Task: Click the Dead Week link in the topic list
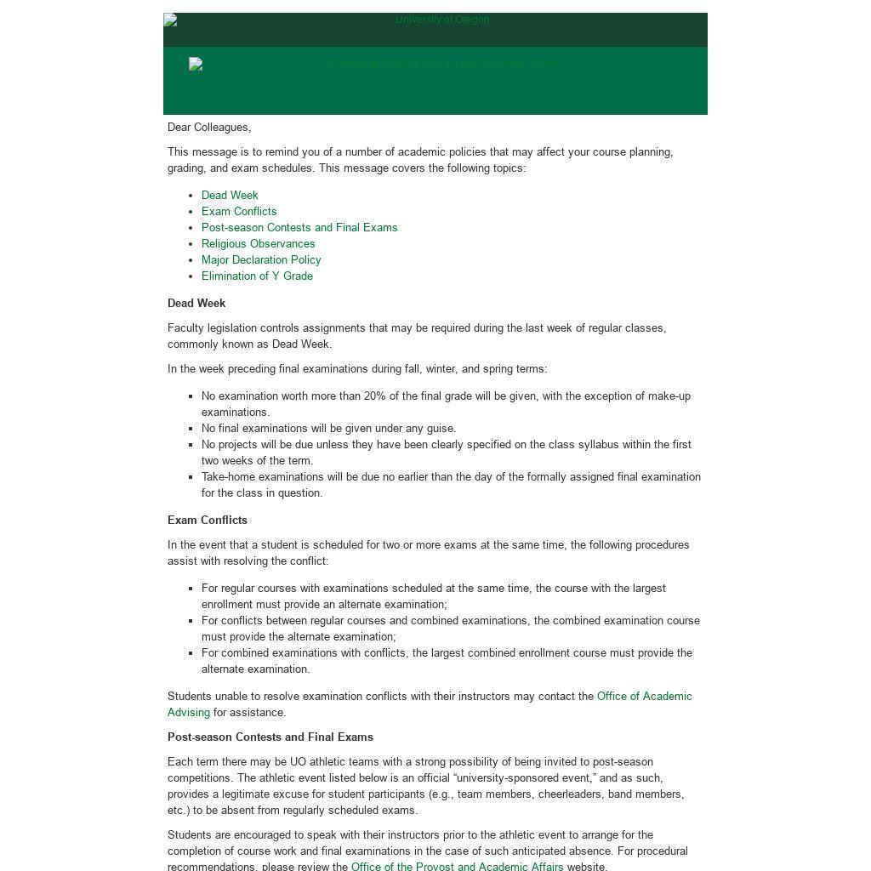pos(230,195)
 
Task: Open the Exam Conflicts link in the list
pos(239,211)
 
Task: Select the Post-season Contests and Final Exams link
pos(299,227)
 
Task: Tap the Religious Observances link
pos(258,243)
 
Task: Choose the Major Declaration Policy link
pos(261,259)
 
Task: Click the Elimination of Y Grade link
pos(257,276)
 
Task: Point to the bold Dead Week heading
pos(196,303)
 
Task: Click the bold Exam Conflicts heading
pos(208,520)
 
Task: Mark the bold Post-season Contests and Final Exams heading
pos(270,737)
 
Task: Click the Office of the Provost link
pos(457,866)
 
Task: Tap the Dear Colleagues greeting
pos(209,127)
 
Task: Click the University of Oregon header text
pos(442,20)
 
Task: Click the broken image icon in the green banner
pos(196,64)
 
